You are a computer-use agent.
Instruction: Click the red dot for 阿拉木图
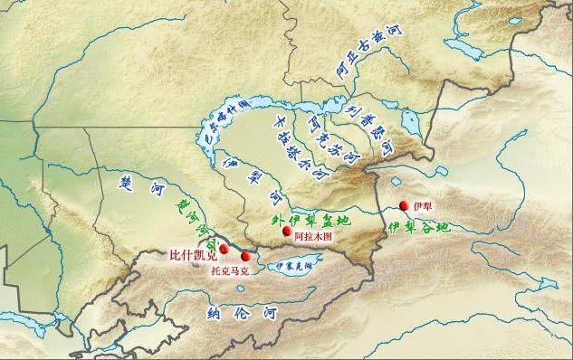(x=287, y=232)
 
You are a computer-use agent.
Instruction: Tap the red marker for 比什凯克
(x=224, y=249)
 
